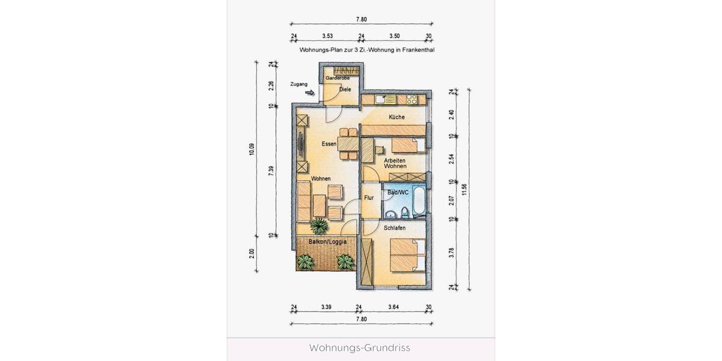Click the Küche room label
(x=396, y=117)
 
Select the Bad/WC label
(x=398, y=193)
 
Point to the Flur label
(x=369, y=197)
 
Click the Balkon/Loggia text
(x=327, y=242)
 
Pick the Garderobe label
(x=338, y=79)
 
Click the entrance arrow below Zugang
(x=310, y=93)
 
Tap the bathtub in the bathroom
(x=420, y=202)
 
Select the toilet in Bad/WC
(x=405, y=211)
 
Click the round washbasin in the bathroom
(x=391, y=212)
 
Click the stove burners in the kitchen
(x=412, y=99)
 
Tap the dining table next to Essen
(x=348, y=144)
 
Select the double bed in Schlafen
(x=407, y=255)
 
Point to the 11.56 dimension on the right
(x=464, y=190)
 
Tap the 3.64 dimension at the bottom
(x=394, y=307)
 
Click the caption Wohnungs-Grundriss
(x=360, y=348)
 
